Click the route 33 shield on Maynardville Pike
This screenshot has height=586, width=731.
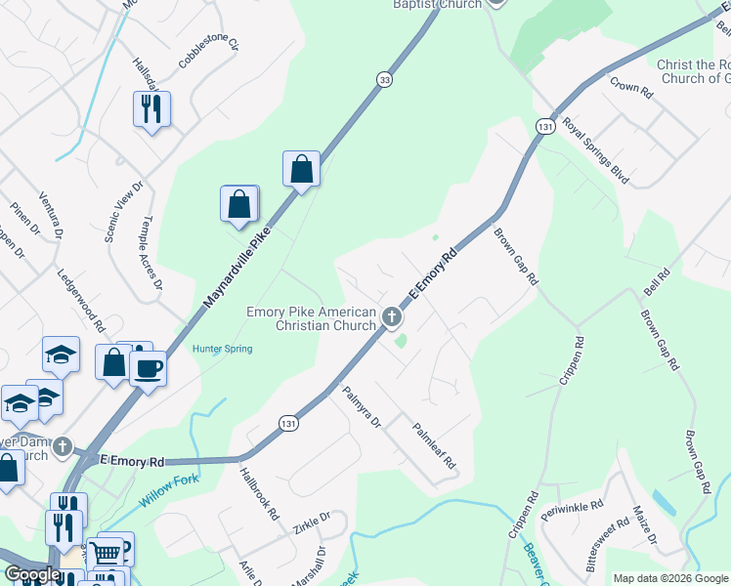[x=386, y=80]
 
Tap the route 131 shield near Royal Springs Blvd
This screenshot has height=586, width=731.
[x=545, y=127]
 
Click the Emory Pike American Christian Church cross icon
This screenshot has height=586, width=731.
[x=391, y=315]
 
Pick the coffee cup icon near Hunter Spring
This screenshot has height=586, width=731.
[x=149, y=368]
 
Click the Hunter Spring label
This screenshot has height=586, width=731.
[x=223, y=349]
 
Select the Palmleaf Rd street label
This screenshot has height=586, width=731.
[x=435, y=446]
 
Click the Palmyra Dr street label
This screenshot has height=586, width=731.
[x=361, y=407]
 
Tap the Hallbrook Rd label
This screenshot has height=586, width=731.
[x=260, y=492]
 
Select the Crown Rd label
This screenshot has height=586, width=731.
[x=630, y=87]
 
